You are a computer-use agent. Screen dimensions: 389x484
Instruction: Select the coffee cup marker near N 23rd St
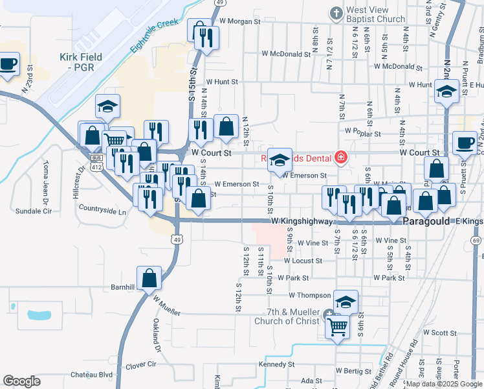(x=8, y=65)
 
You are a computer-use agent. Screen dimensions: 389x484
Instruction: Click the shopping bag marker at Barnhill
(x=149, y=277)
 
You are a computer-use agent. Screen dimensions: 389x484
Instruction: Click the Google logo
(x=21, y=381)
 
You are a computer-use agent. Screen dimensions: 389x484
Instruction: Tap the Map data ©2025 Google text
(x=444, y=384)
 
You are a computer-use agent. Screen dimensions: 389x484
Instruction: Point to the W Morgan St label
(x=239, y=21)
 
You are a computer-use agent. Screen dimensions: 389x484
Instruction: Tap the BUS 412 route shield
(x=97, y=162)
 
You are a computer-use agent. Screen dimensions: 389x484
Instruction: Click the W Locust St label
(x=302, y=261)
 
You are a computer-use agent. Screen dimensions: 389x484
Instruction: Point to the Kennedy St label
(x=277, y=364)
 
